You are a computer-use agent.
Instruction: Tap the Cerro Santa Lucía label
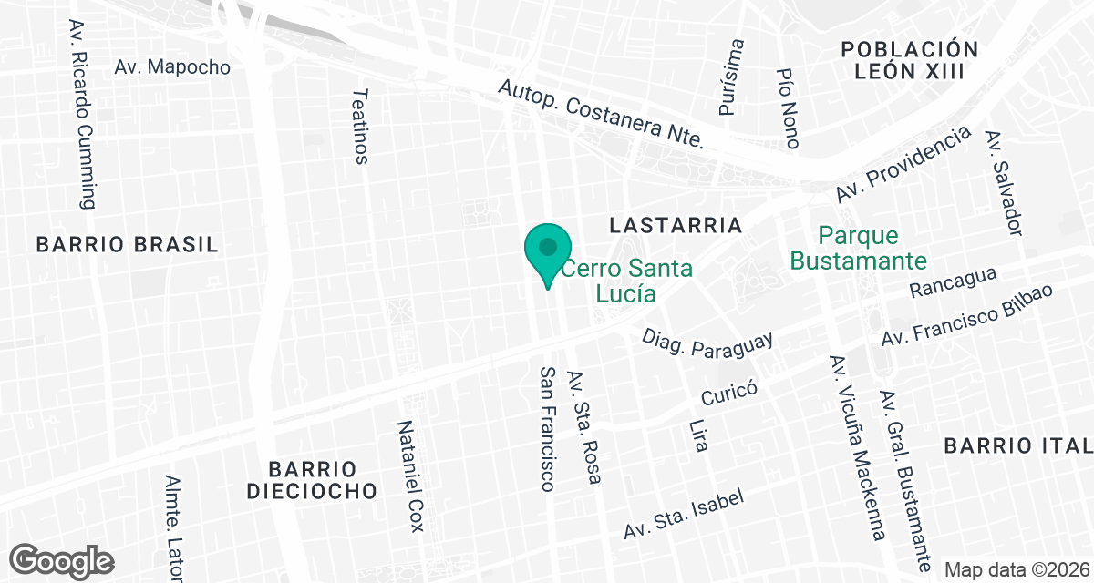point(625,281)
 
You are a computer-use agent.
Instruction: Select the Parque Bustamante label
point(858,249)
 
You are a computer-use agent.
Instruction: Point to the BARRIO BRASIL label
point(127,244)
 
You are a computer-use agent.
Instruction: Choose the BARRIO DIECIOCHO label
point(323,480)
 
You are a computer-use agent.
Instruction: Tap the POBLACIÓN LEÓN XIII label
point(910,60)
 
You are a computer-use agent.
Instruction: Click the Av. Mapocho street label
point(172,67)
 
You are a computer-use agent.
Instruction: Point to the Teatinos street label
point(361,126)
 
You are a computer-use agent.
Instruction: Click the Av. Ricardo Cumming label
point(81,114)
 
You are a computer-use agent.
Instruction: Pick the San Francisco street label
point(546,428)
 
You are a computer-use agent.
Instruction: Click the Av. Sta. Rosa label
point(584,427)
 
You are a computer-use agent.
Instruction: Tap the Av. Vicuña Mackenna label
point(856,446)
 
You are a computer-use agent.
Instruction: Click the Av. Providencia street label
point(903,165)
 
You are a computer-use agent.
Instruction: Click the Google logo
point(62,560)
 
